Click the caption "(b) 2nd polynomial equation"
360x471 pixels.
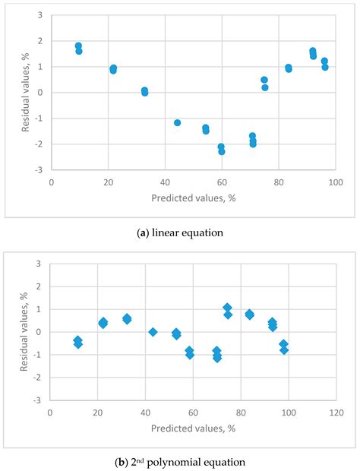(x=179, y=460)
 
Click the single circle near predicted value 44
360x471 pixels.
(x=177, y=122)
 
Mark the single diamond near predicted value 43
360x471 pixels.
(x=153, y=332)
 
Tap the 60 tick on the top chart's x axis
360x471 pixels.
(x=221, y=183)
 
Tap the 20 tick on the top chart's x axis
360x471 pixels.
(x=108, y=183)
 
